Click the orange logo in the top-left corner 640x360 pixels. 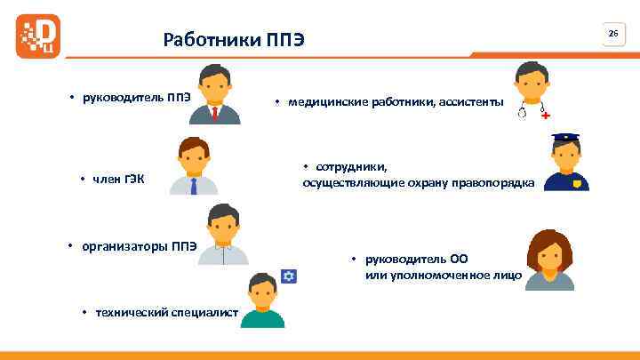38,36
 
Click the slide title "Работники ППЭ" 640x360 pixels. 234,40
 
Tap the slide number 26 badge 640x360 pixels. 612,33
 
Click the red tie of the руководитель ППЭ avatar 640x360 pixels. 215,113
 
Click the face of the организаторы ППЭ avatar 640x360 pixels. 223,228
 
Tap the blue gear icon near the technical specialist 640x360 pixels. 288,276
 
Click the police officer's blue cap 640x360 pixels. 565,140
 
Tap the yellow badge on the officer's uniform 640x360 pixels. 577,183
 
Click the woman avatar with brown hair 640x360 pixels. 549,260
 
